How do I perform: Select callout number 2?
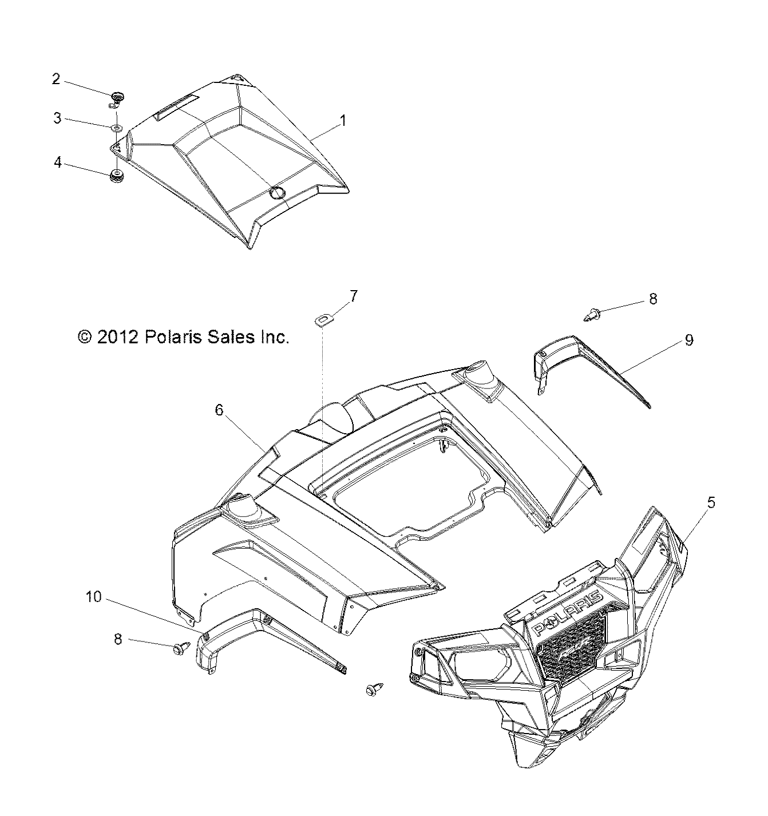[x=56, y=79]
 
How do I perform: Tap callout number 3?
[x=57, y=118]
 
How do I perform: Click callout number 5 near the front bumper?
[x=711, y=502]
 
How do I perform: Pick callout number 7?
[x=354, y=296]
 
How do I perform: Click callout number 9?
[x=689, y=340]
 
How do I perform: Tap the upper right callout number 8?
[x=653, y=298]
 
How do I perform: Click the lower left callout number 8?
[x=118, y=639]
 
